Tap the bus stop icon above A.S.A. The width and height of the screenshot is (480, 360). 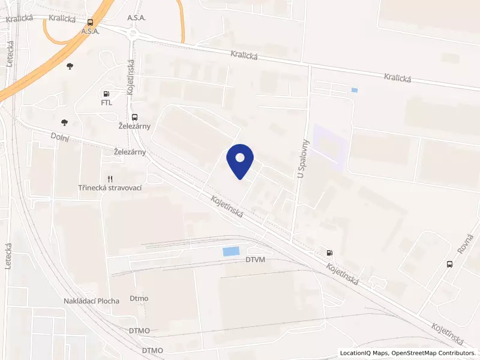(90, 22)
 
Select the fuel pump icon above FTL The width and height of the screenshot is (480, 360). (106, 94)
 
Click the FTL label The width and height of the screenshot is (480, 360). (106, 103)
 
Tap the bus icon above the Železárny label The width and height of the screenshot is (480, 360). (134, 118)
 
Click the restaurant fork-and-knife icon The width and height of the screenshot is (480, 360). (110, 179)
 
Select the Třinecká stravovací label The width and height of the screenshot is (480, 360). (113, 188)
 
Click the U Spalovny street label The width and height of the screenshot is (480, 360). (302, 159)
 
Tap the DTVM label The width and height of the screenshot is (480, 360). (255, 260)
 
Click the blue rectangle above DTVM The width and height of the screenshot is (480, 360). (230, 252)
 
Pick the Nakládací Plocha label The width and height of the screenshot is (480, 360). (91, 301)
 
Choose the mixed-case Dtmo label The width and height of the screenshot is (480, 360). (139, 298)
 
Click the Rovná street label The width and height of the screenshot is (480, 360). (462, 244)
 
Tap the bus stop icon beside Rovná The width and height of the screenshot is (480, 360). (449, 264)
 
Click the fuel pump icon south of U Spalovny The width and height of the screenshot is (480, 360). (329, 253)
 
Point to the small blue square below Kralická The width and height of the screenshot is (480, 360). (355, 91)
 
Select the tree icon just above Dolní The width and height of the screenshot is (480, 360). (64, 122)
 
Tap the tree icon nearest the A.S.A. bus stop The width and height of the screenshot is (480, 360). (70, 65)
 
